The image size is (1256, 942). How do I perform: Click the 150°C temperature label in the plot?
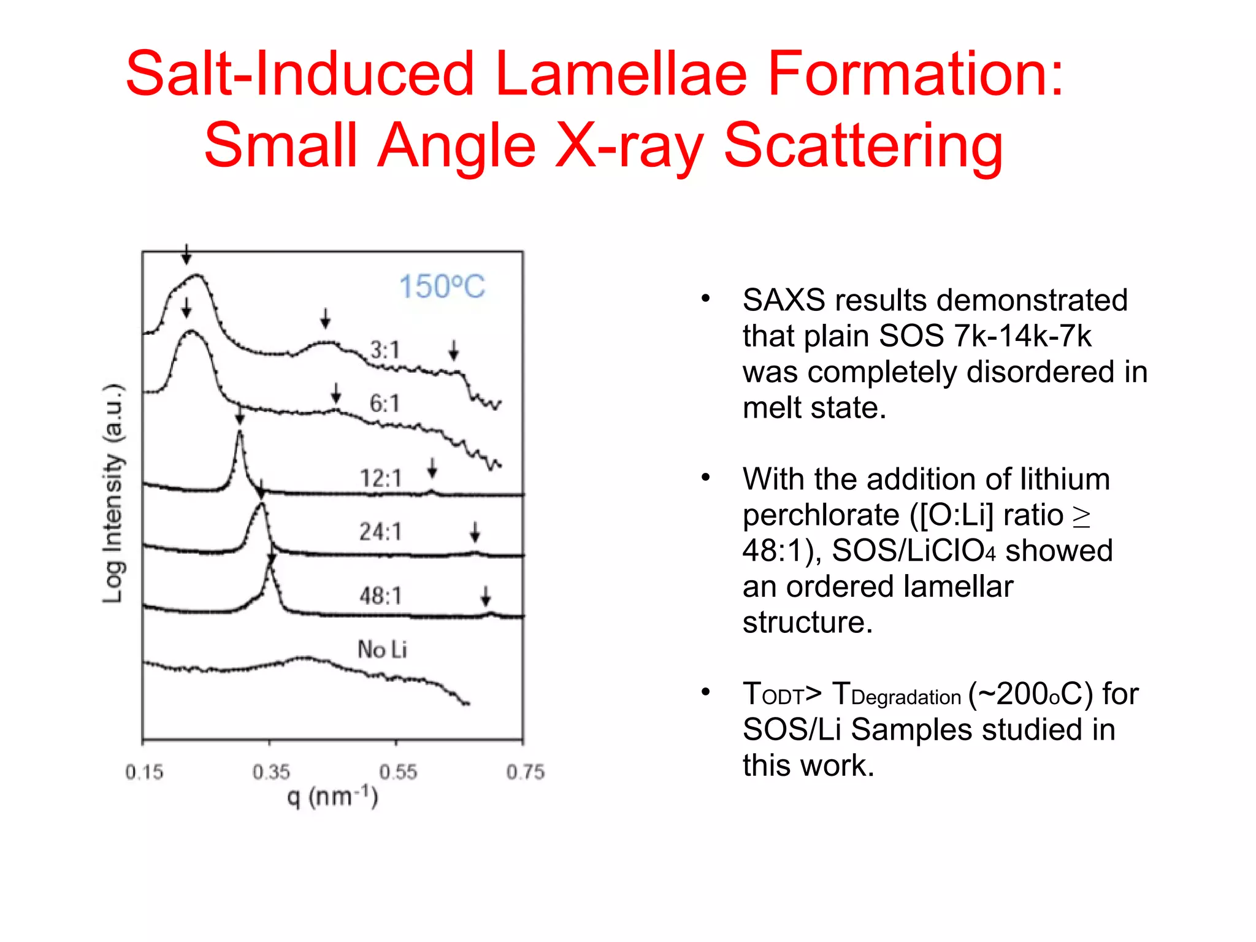(x=442, y=286)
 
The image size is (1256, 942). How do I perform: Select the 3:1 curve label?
(x=385, y=350)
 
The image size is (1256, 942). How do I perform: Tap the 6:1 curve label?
(x=385, y=403)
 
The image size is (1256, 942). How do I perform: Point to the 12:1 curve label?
(x=380, y=478)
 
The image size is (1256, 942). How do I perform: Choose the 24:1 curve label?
(x=380, y=531)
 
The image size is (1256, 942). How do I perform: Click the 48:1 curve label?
(x=380, y=595)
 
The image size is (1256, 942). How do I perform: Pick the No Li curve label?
(x=382, y=649)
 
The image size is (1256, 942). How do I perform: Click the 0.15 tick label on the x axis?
(x=144, y=772)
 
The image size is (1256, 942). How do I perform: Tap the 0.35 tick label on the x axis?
(x=271, y=772)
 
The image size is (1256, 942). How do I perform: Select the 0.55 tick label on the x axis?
(x=398, y=772)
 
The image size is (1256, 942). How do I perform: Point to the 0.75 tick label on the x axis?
(x=525, y=772)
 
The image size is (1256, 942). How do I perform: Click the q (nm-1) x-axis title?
(x=333, y=797)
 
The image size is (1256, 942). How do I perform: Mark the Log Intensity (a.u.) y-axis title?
(x=113, y=494)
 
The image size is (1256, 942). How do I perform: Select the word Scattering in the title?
(x=863, y=146)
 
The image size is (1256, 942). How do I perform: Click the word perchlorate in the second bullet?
(x=821, y=515)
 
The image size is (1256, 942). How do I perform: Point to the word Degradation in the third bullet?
(x=906, y=697)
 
